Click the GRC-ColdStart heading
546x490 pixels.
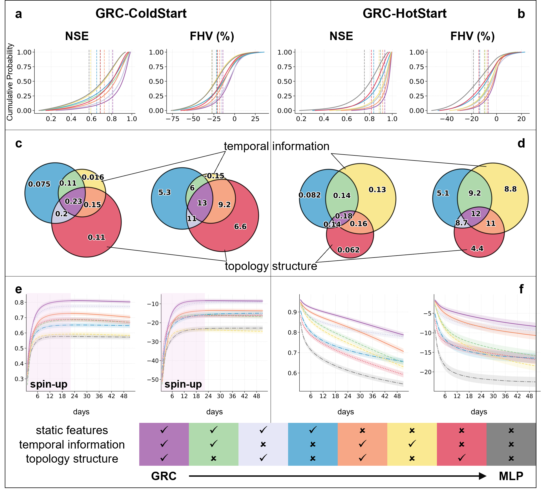[141, 13]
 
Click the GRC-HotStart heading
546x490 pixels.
[404, 13]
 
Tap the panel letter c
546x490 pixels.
[19, 143]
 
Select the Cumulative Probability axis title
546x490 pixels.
[10, 82]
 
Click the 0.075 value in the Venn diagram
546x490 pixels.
[39, 184]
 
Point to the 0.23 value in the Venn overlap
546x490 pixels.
[73, 201]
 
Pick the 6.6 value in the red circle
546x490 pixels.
[240, 227]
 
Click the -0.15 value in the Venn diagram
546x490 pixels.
[214, 176]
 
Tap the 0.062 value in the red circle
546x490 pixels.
[348, 250]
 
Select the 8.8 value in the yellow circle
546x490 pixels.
[510, 189]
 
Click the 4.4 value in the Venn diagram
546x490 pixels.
[477, 249]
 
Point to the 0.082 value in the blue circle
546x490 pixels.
[310, 195]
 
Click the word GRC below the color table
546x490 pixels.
[164, 476]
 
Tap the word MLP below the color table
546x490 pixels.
[511, 476]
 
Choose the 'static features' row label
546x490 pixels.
[72, 430]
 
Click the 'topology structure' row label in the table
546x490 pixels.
[72, 459]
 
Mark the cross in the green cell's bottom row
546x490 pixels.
[214, 458]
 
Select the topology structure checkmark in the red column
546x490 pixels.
[461, 458]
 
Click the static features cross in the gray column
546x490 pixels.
[511, 430]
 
